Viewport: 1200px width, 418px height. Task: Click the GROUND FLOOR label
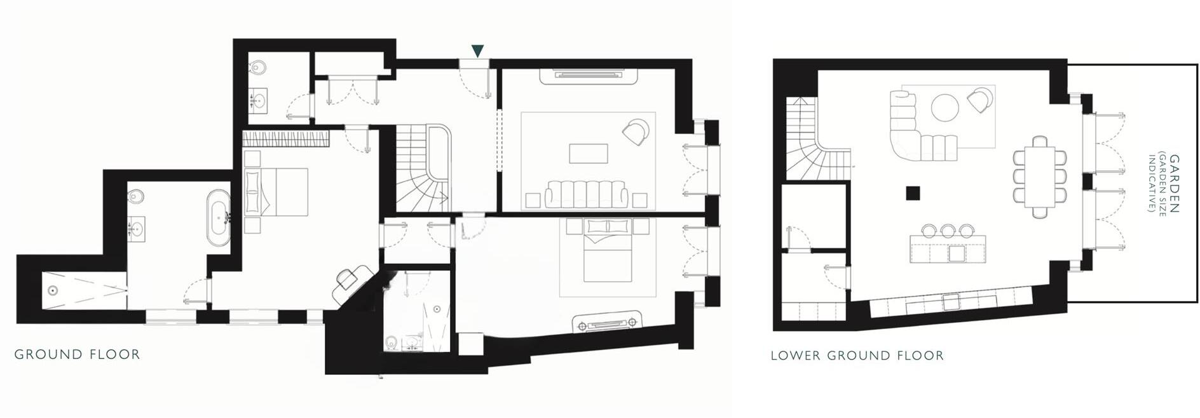point(77,354)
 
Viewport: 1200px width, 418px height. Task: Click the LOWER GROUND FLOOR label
point(857,356)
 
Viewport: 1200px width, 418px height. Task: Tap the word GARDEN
point(1175,184)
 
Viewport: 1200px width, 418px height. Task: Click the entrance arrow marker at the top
point(478,50)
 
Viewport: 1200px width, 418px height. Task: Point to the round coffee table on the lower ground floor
point(945,107)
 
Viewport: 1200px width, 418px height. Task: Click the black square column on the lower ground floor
point(913,192)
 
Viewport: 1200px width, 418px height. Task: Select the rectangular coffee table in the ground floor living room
point(588,154)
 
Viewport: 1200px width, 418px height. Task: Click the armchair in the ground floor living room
point(636,131)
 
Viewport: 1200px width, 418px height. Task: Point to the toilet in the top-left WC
point(258,67)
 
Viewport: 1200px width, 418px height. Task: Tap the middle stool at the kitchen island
point(947,230)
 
